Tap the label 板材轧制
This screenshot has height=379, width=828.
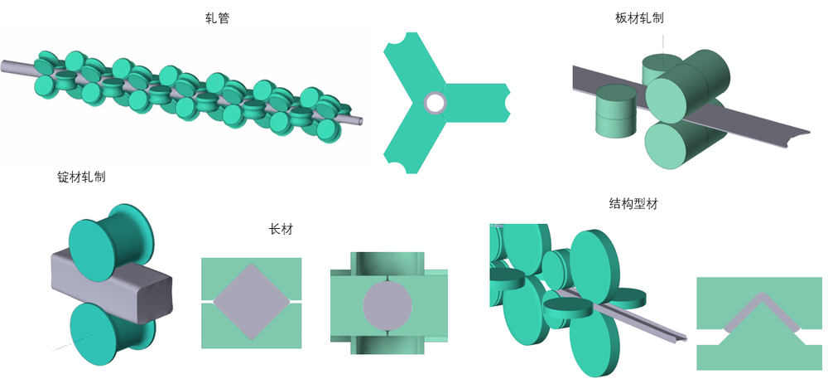pos(639,18)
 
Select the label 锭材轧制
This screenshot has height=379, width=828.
pos(81,177)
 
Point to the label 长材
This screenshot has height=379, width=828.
pos(281,230)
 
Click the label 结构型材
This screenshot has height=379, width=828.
pos(633,204)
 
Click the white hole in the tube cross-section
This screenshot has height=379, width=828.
pos(435,103)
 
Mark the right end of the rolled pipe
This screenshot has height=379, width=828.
pos(361,119)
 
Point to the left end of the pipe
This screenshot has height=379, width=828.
pos(3,66)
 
